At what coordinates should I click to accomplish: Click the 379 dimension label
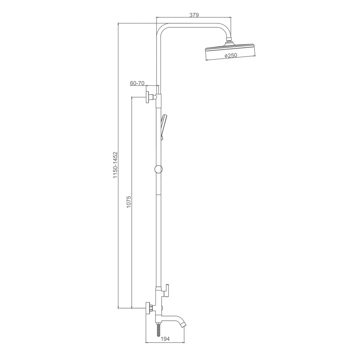coord(194,15)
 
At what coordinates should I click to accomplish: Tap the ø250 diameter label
coord(231,55)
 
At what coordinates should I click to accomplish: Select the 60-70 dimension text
coord(137,83)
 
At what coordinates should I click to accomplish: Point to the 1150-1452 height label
coord(115,165)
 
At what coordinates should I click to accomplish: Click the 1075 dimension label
coord(129,202)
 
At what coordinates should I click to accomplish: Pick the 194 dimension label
coord(165,339)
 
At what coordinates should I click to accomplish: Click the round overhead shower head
coord(230,51)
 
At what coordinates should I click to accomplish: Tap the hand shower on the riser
coord(163,127)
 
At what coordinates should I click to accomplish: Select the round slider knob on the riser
coord(158,169)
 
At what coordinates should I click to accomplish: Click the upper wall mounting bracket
coord(152,97)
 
